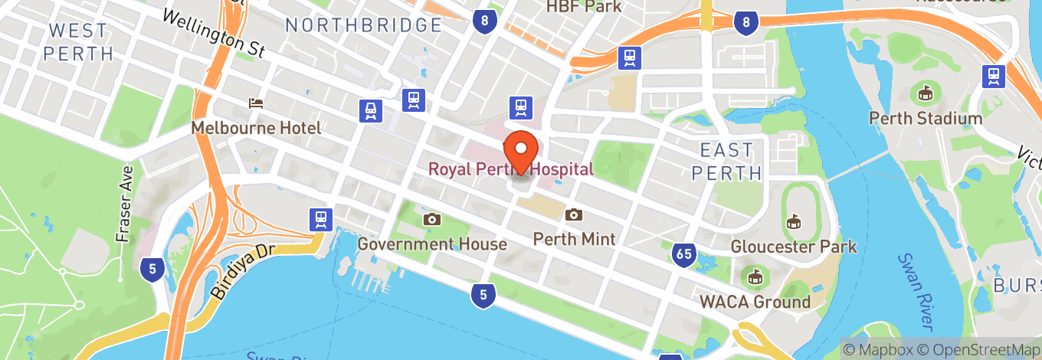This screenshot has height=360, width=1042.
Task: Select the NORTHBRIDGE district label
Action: [364, 25]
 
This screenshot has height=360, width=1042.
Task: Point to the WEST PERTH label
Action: [78, 42]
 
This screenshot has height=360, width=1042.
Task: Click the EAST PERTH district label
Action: [727, 161]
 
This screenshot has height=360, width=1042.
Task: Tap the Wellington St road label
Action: [213, 34]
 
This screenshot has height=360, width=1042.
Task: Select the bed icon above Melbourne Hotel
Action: [256, 103]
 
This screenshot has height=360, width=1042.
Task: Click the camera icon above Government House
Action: [432, 220]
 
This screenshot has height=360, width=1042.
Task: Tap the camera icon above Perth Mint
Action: [573, 215]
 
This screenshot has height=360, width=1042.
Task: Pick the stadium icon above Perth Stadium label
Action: [926, 94]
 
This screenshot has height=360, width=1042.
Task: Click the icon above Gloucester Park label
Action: [793, 222]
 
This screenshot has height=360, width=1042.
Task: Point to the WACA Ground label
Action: [755, 301]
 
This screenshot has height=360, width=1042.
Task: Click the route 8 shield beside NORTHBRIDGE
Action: [483, 21]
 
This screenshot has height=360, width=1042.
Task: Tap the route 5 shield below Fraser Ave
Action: [152, 268]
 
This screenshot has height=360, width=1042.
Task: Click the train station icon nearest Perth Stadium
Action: [994, 75]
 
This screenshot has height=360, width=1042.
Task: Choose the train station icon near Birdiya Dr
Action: [320, 220]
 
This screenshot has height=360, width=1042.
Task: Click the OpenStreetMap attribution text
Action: [974, 350]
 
